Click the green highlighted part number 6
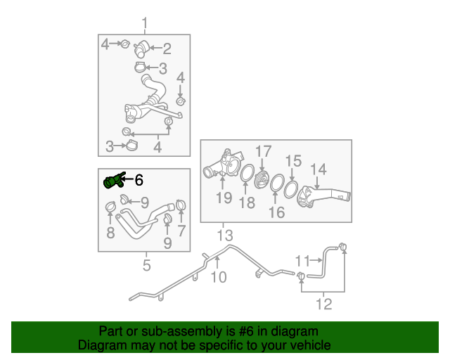114,181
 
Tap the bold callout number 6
139,180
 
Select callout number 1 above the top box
145,23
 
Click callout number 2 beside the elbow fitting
167,49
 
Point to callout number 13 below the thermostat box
225,236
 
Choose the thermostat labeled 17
262,180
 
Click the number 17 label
263,151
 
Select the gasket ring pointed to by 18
247,173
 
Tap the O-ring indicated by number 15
291,189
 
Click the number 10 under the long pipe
219,277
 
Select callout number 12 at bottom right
323,304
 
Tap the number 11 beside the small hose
303,261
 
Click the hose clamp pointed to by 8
110,207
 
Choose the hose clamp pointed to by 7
181,205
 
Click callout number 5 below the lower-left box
146,265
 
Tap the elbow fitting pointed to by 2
141,49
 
